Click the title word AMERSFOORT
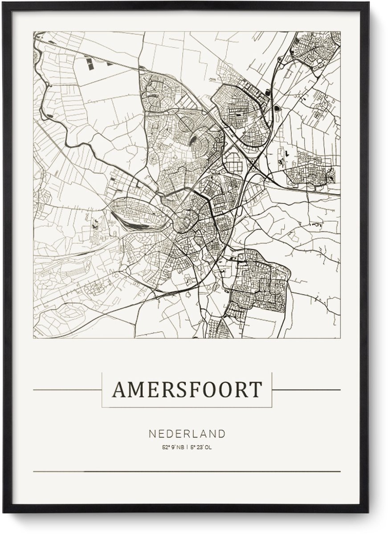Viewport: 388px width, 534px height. (187, 390)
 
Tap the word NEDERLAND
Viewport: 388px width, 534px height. (187, 433)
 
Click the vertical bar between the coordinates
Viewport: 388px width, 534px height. (187, 447)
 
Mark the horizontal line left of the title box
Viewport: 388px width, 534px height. (67, 390)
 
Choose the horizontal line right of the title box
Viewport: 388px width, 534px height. (306, 390)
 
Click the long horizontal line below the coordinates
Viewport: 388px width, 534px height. (187, 471)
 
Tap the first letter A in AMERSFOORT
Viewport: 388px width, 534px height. (118, 390)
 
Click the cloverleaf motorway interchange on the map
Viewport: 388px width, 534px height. (254, 166)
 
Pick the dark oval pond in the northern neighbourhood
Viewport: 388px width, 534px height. (195, 142)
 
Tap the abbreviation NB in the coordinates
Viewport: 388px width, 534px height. (179, 447)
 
